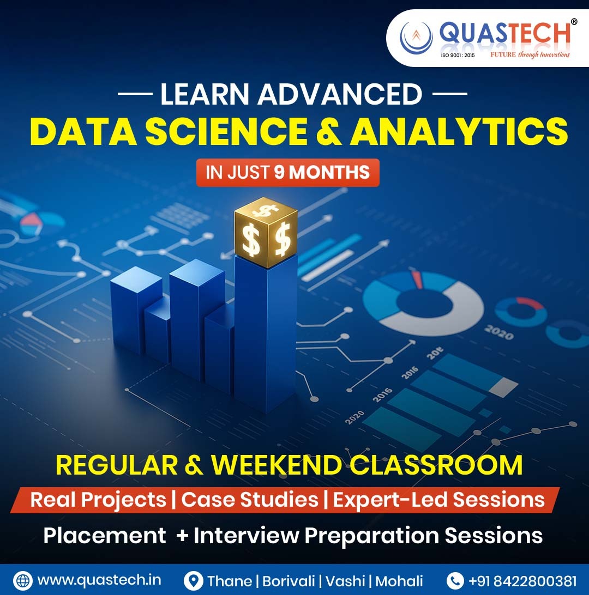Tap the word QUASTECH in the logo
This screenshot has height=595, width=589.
pos(505,34)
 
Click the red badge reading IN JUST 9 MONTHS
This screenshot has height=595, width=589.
pos(287,173)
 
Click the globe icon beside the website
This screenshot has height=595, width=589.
pos(23,580)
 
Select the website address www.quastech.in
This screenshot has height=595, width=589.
pos(99,579)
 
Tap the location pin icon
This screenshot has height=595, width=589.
pos(193,580)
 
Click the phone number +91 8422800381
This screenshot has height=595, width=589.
pos(522,580)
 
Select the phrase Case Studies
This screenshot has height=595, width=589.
pos(250,500)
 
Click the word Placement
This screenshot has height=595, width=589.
pos(105,535)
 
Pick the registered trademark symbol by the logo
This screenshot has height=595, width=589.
pos(574,21)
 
